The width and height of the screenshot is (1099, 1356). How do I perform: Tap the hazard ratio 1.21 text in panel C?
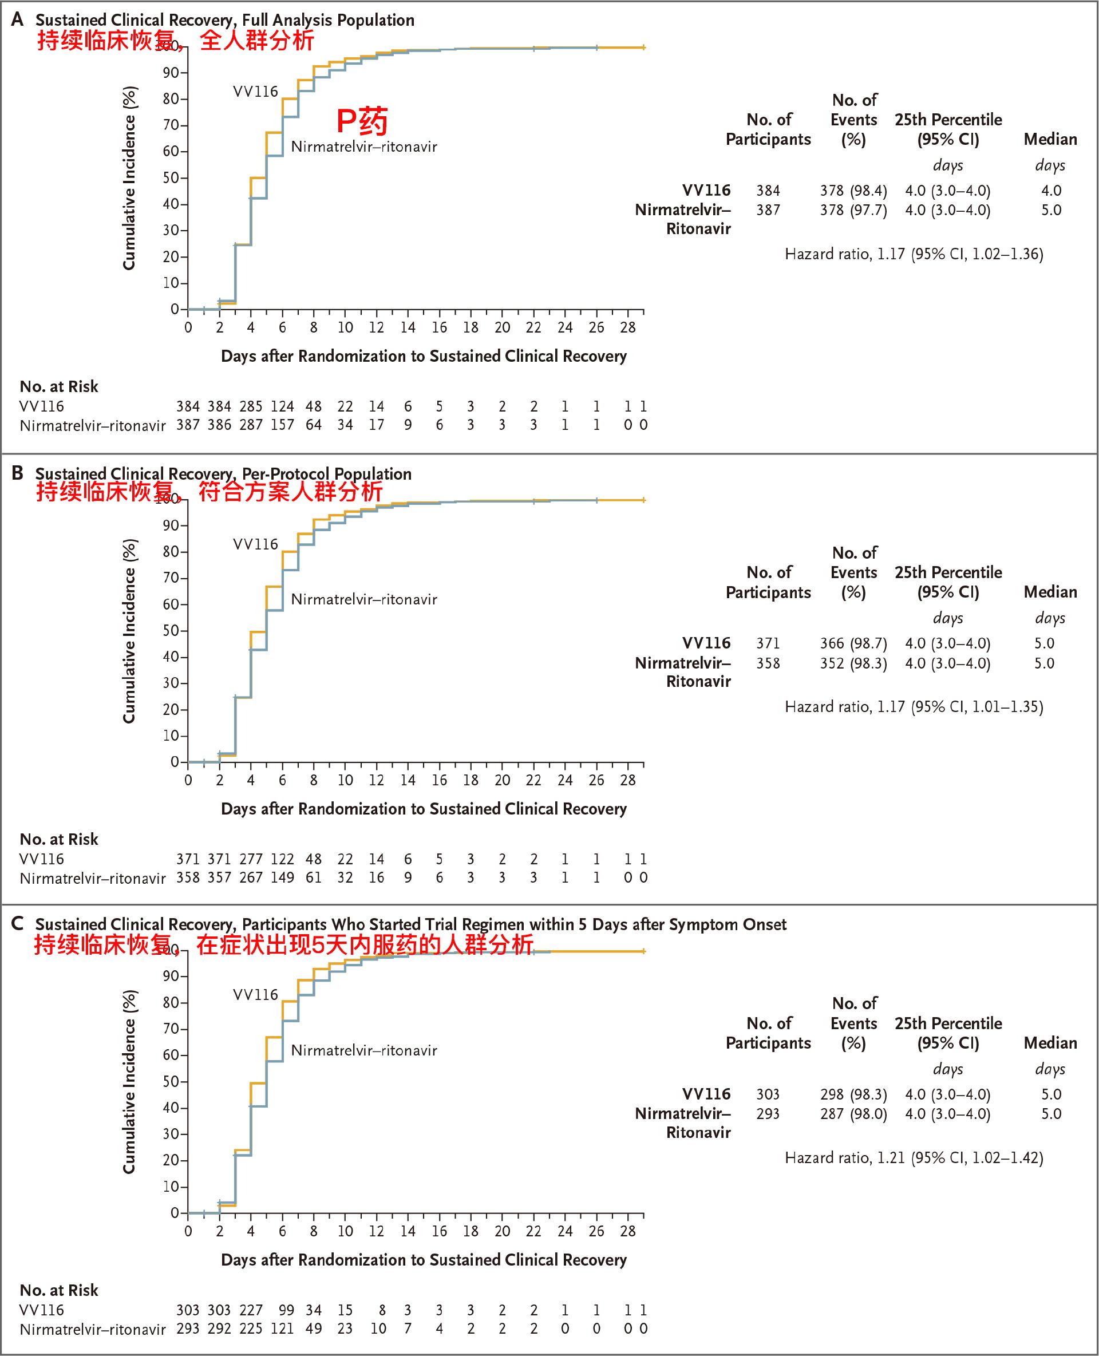pos(914,1157)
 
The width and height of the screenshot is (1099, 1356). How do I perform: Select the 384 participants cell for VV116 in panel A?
pos(768,191)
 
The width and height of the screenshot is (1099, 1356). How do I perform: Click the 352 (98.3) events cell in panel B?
pos(853,663)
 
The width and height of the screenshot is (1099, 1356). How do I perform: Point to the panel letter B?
pos(18,473)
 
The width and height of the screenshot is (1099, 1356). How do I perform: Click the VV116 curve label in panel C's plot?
pos(256,994)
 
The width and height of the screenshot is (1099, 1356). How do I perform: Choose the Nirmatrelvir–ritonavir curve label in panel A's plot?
pos(364,147)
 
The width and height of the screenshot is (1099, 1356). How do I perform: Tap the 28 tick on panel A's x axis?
pos(627,327)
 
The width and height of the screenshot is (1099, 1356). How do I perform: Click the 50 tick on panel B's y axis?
pos(171,631)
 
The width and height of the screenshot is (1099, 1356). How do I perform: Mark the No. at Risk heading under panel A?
pos(59,386)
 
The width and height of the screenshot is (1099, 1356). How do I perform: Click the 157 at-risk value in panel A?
pos(282,425)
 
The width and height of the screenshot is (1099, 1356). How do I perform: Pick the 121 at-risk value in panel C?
pos(282,1328)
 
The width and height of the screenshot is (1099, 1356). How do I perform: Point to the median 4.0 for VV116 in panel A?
pos(1051,191)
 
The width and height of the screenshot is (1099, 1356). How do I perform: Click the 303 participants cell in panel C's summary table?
pos(768,1094)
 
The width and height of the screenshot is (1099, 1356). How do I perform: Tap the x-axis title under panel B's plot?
pos(424,808)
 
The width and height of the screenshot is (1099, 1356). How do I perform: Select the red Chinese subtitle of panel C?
pos(283,944)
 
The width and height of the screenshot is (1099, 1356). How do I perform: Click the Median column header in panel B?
pos(1050,592)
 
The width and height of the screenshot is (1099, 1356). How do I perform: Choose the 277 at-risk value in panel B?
pos(251,859)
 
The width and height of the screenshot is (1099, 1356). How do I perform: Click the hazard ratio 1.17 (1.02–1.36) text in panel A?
pos(914,254)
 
